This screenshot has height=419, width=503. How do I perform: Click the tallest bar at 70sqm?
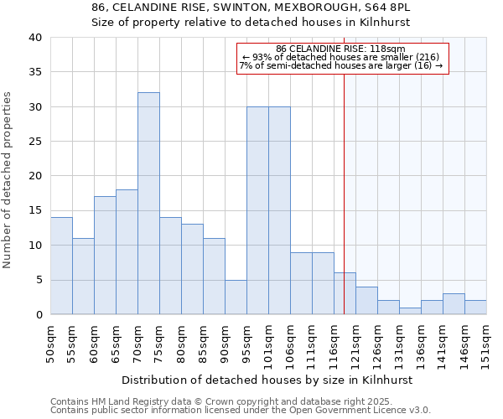pyautogui.click(x=148, y=204)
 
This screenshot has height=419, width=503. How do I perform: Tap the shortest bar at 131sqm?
pyautogui.click(x=410, y=311)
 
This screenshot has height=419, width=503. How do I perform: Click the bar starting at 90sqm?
pyautogui.click(x=236, y=297)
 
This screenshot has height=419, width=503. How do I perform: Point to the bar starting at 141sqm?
pyautogui.click(x=454, y=304)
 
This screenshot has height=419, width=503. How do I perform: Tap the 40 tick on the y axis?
pyautogui.click(x=34, y=38)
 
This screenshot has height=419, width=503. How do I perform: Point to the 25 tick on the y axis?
pyautogui.click(x=34, y=142)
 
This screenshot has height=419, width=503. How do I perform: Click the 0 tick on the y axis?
pyautogui.click(x=38, y=315)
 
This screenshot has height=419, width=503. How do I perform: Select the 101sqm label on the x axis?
pyautogui.click(x=269, y=341)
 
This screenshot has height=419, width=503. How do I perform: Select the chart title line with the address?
pyautogui.click(x=251, y=8)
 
